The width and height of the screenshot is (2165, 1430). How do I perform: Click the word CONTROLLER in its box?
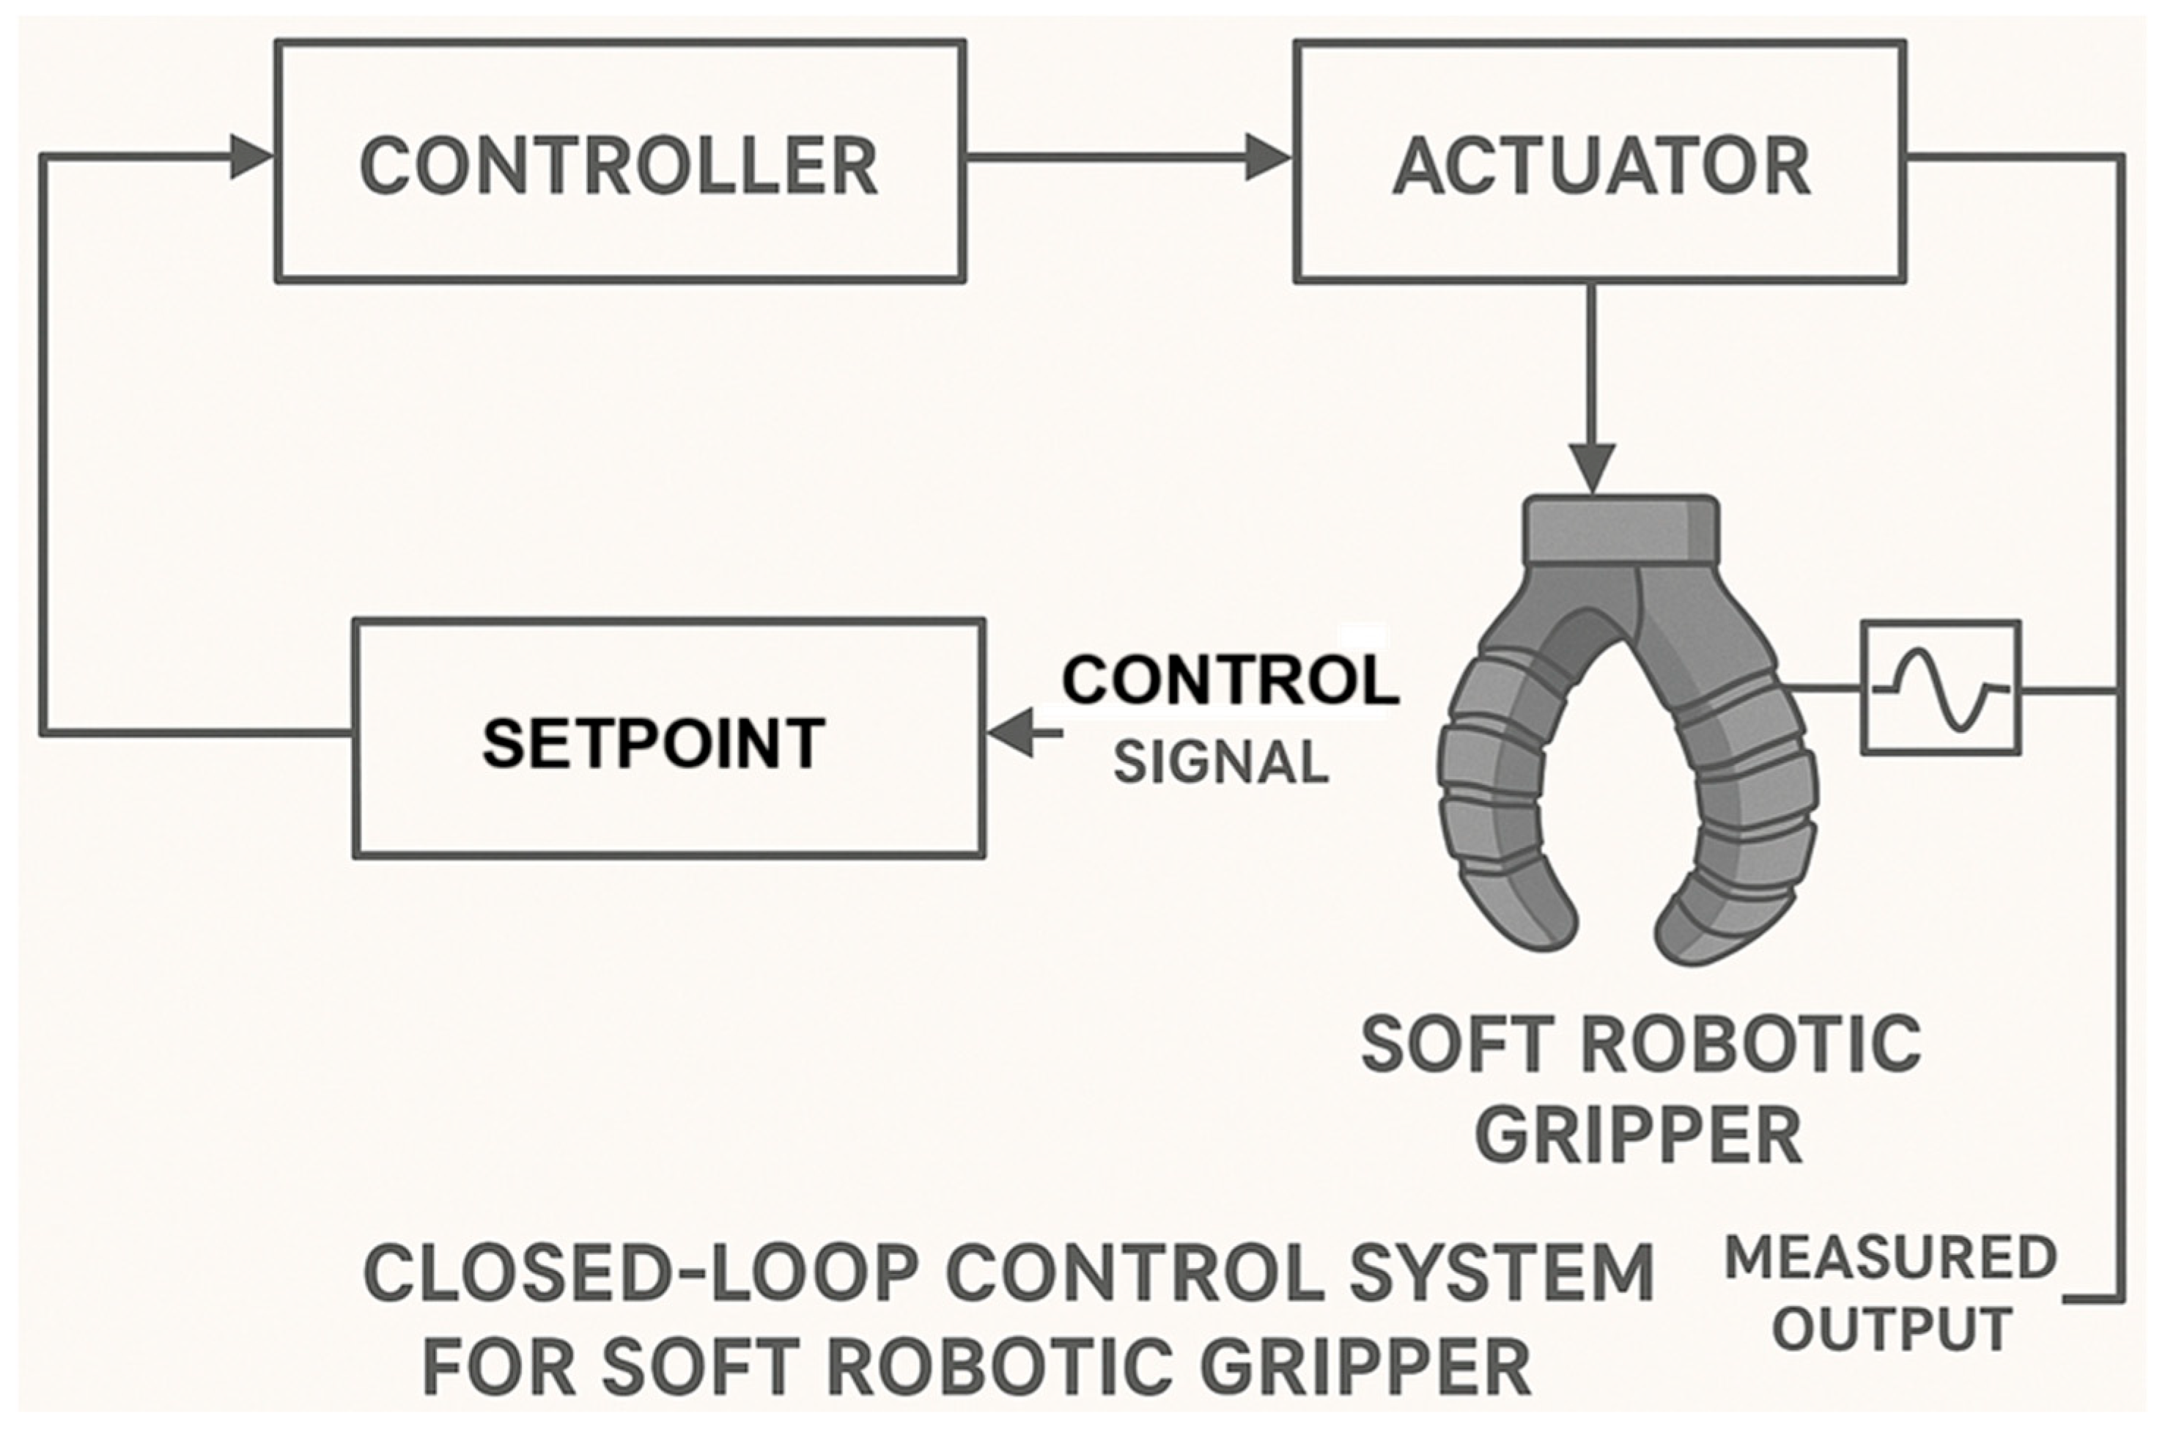[x=619, y=167]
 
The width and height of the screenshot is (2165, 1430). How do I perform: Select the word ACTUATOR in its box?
[x=1601, y=167]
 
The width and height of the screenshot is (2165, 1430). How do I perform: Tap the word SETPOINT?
[x=653, y=743]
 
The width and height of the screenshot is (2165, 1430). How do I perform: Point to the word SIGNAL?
[x=1221, y=762]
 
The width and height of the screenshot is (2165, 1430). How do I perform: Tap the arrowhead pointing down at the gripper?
[x=1593, y=471]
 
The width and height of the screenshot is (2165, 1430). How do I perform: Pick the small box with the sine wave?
[x=1940, y=688]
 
